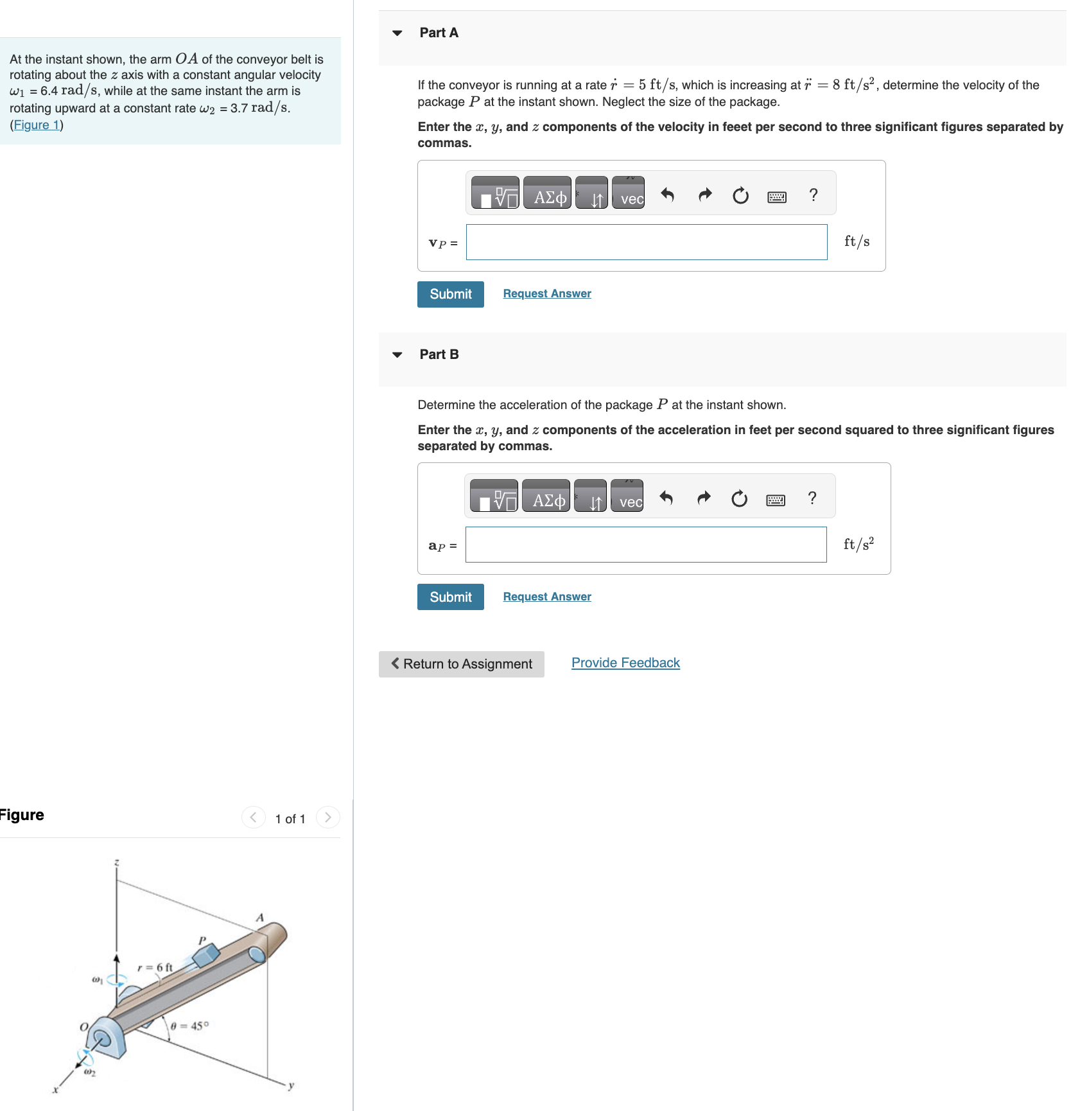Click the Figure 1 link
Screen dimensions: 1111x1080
click(37, 125)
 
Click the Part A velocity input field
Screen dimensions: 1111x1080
click(646, 242)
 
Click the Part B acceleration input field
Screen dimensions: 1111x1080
click(645, 545)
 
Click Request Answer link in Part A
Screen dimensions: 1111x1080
click(546, 293)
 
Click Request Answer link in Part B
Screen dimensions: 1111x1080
click(546, 597)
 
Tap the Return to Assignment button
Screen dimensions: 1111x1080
click(461, 664)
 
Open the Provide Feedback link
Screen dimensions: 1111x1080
click(625, 663)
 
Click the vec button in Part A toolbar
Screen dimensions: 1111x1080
click(628, 193)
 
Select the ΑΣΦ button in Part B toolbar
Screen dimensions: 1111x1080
click(546, 496)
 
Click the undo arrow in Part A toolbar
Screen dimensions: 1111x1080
click(667, 195)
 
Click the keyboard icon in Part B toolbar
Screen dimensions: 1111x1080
click(775, 499)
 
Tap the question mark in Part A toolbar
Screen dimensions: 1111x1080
click(813, 195)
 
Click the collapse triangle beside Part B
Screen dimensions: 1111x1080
click(397, 354)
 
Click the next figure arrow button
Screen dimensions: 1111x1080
click(328, 817)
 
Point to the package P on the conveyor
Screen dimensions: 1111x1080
click(206, 956)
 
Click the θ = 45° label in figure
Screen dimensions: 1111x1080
click(189, 1026)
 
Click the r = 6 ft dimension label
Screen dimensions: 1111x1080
click(155, 967)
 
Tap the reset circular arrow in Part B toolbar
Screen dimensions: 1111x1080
click(739, 498)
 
